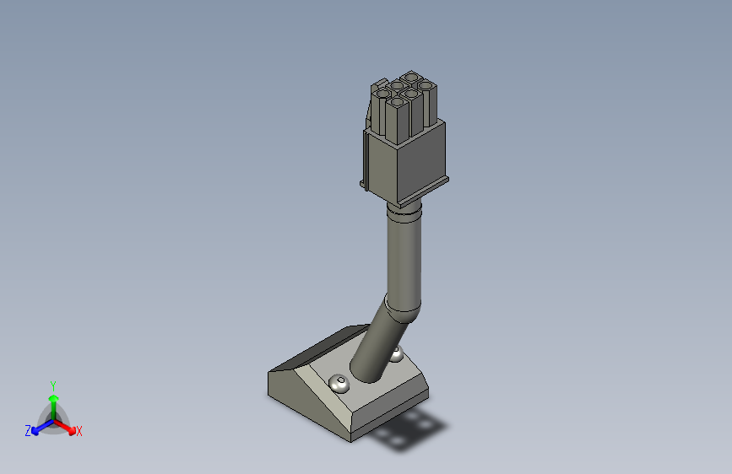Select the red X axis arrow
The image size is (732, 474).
pos(68,427)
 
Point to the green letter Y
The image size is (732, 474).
pos(53,384)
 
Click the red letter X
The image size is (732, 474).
pos(79,432)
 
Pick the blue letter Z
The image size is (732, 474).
pos(28,431)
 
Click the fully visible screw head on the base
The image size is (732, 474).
pos(339,384)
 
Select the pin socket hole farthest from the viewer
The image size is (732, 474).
pos(411,76)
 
